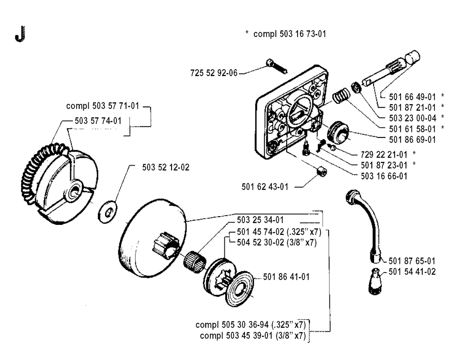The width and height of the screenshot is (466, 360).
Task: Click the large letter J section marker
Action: coord(18,35)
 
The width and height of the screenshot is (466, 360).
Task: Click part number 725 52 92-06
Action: coord(213,72)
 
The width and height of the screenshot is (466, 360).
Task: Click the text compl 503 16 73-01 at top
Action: coord(285,34)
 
